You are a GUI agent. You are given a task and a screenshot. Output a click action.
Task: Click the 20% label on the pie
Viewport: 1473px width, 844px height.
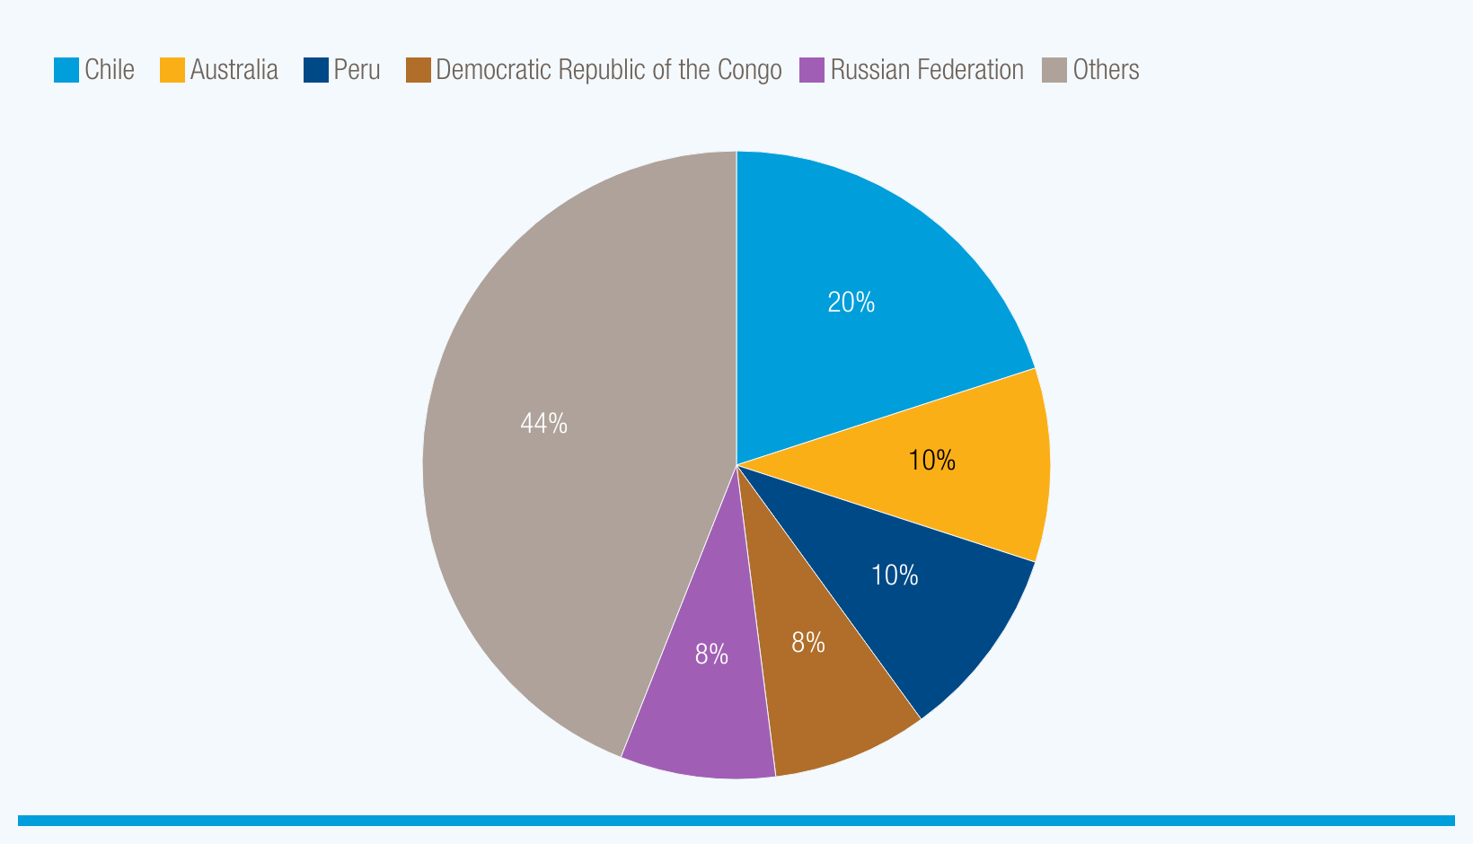851,303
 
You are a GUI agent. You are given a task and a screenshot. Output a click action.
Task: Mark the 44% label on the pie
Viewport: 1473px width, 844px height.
543,423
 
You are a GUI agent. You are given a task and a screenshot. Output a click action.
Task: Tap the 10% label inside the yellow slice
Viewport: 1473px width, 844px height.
931,461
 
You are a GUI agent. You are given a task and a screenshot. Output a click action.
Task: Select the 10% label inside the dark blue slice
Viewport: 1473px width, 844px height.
895,576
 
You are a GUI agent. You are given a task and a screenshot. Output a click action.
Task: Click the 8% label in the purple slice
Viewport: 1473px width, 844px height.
711,655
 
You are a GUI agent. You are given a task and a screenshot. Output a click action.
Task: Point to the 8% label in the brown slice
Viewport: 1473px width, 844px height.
807,643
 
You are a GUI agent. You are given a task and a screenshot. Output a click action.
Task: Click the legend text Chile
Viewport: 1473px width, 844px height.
110,70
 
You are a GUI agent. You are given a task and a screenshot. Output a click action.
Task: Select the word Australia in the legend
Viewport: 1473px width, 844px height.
234,70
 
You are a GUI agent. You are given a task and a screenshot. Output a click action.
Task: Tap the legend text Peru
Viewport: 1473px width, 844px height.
357,70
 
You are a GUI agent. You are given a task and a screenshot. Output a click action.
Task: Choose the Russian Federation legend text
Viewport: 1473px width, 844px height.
926,70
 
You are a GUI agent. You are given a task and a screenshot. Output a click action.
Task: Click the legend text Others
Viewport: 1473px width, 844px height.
1106,70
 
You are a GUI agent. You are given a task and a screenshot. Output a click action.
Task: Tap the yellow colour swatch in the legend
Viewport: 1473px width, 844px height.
172,70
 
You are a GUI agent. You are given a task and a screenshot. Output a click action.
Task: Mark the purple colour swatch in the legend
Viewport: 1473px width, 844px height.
812,70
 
